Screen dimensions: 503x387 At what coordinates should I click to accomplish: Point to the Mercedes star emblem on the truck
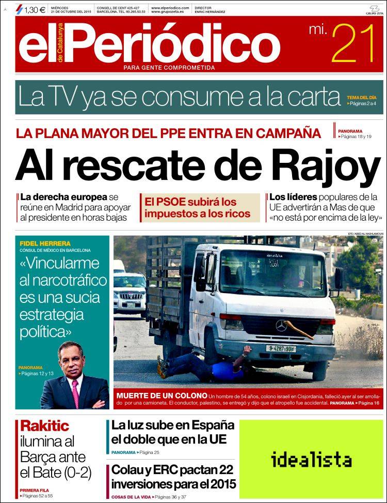pos(281,326)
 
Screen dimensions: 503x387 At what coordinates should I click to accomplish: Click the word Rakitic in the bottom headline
pos(44,426)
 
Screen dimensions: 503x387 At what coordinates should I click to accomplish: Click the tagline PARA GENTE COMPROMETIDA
pos(169,68)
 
